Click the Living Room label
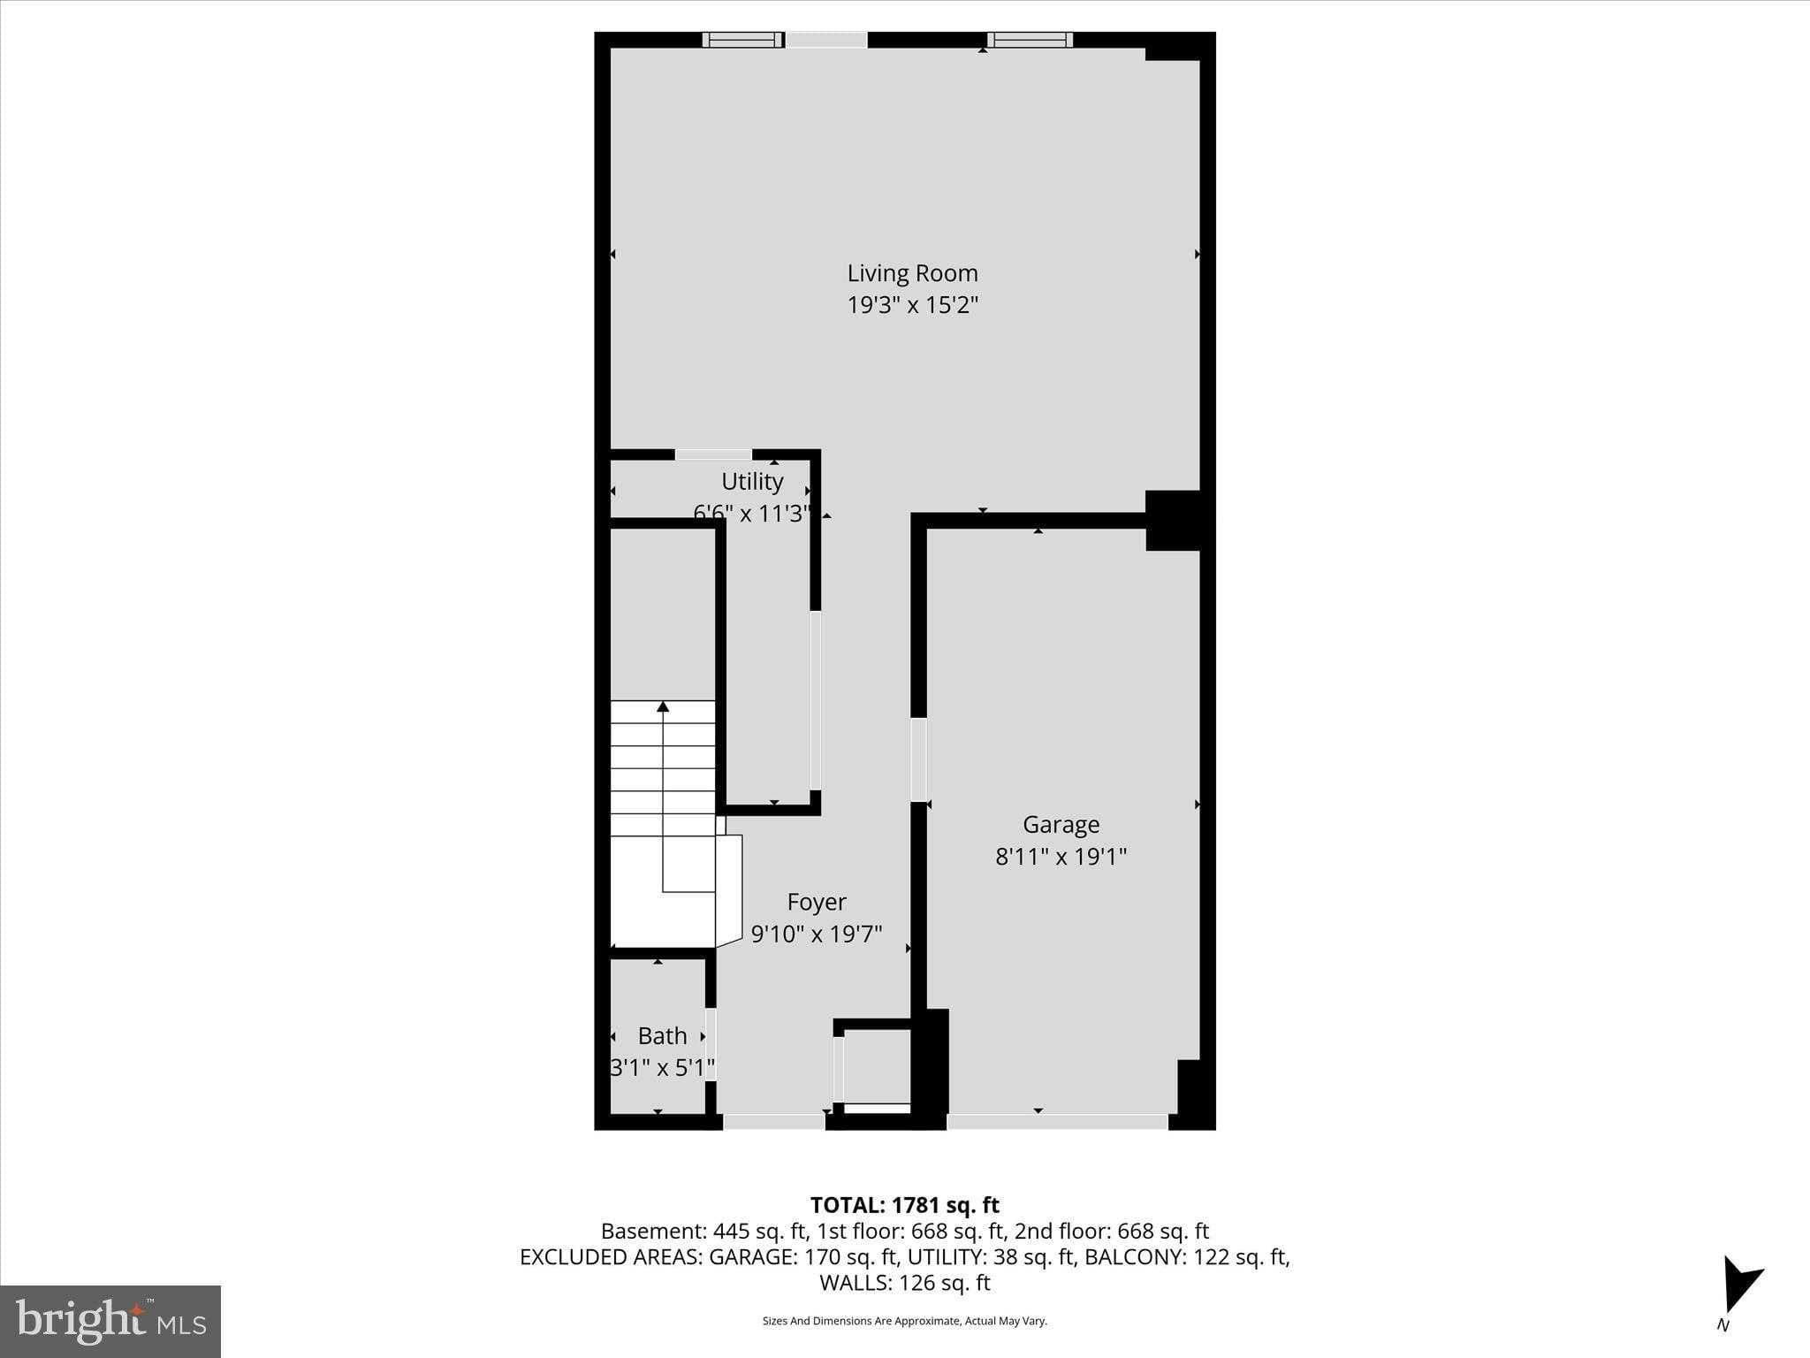coord(912,273)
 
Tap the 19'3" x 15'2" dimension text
coord(912,305)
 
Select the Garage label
coord(1061,824)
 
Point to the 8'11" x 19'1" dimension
coord(1061,856)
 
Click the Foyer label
coord(817,902)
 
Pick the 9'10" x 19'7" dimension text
coord(817,934)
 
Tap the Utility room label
coord(752,481)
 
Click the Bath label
coord(662,1035)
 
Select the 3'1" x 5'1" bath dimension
coord(662,1067)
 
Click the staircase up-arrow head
coord(663,706)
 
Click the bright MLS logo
coord(110,1321)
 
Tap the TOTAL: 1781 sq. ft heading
coord(904,1205)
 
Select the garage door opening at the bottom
coord(1057,1122)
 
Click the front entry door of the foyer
coord(774,1122)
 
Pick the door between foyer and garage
coord(919,759)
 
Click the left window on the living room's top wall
coord(742,40)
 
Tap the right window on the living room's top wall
coord(1030,40)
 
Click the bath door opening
coord(710,1043)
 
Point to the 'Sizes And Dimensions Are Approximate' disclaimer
coord(904,1321)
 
